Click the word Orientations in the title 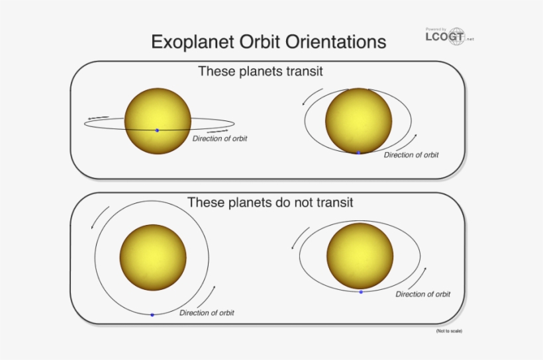tap(336, 42)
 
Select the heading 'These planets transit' tap(260, 71)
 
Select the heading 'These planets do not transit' tap(270, 202)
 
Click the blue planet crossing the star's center tap(157, 130)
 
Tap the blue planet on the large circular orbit tap(152, 315)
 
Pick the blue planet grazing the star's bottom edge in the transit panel tap(358, 153)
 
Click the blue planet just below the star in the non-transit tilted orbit tap(361, 292)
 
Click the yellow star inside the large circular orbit tap(153, 257)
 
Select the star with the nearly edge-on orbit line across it tap(158, 121)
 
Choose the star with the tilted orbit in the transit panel tap(359, 120)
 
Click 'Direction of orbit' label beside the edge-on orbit tap(220, 139)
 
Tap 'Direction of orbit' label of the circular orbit tap(207, 313)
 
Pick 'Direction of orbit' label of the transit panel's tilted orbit tap(411, 155)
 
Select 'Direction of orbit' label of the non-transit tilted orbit tap(423, 294)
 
